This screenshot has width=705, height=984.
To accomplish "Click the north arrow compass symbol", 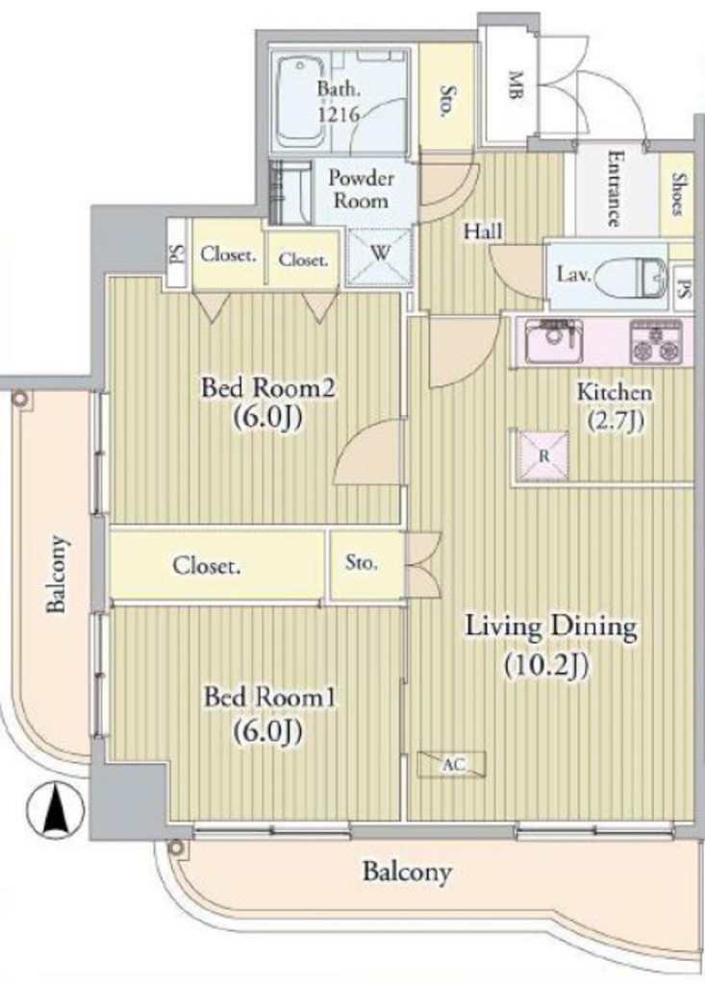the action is (x=55, y=809).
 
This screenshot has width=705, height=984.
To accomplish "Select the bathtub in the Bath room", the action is (x=300, y=102).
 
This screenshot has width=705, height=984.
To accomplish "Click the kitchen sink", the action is (x=554, y=341).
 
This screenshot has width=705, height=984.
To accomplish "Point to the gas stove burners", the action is (x=656, y=342).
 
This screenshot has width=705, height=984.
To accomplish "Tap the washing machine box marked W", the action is (x=380, y=255).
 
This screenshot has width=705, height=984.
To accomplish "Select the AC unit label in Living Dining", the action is (x=452, y=764).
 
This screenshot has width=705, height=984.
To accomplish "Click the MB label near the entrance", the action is (x=516, y=86).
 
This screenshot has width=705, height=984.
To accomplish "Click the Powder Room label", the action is (x=362, y=189).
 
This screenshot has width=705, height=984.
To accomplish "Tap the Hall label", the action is (x=483, y=232).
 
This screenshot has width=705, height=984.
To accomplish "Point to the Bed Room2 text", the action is (x=267, y=388).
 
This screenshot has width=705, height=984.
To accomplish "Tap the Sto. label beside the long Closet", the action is (x=362, y=562).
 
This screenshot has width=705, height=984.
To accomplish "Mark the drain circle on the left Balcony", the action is (x=21, y=399).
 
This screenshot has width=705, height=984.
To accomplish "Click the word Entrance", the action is (x=616, y=189).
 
